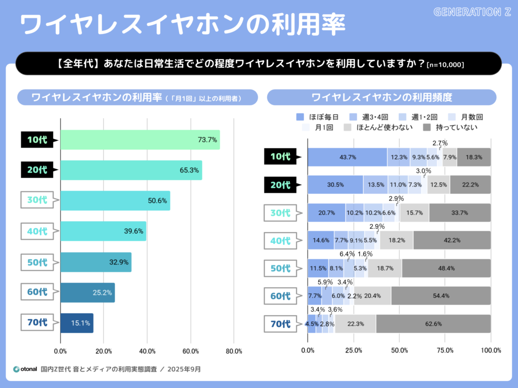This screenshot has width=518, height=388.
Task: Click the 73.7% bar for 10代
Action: (x=140, y=140)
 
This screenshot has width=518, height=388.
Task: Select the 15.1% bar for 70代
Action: (x=76, y=323)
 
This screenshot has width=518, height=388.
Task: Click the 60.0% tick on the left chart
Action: (x=191, y=351)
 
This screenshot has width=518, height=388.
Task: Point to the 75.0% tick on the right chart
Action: (x=445, y=350)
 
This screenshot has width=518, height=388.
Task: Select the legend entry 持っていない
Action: (x=450, y=127)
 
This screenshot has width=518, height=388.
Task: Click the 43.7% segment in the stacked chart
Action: (x=347, y=157)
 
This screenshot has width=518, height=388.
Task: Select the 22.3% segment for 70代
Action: (x=355, y=324)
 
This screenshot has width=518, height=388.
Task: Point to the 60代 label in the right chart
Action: (x=281, y=295)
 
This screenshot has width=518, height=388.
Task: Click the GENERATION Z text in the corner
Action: (x=472, y=12)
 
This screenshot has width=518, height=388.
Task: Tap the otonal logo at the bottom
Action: (x=25, y=369)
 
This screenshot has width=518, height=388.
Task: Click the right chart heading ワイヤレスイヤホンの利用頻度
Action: (x=381, y=97)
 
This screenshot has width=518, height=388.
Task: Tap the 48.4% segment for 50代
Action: (x=446, y=268)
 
